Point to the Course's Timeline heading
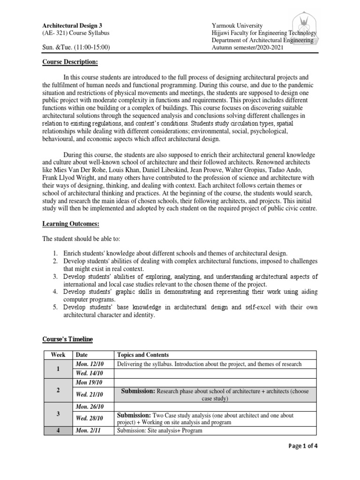68,339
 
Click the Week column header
58,355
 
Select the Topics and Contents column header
143,355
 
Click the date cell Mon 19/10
88,382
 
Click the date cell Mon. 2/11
88,430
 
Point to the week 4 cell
58,430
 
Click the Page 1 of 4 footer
302,446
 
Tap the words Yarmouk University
237,25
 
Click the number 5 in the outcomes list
55,307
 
